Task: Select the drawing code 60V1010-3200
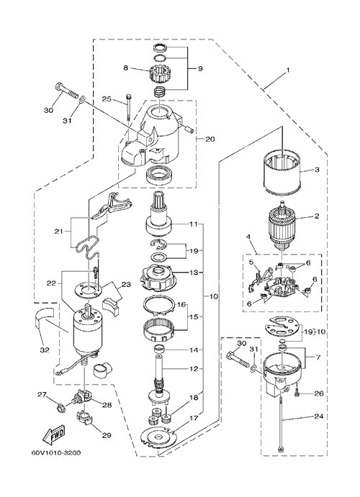tap(56, 452)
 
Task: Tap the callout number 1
tap(288, 70)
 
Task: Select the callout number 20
tap(210, 139)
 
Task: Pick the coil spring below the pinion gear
tap(160, 93)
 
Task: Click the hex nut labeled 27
tap(60, 407)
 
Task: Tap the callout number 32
tap(45, 350)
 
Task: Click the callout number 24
tap(318, 416)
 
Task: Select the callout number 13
tap(194, 273)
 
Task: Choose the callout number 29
tap(107, 435)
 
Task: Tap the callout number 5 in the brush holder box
tap(251, 262)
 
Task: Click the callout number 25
tap(107, 99)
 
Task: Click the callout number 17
tap(194, 418)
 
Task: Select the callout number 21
tap(59, 232)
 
